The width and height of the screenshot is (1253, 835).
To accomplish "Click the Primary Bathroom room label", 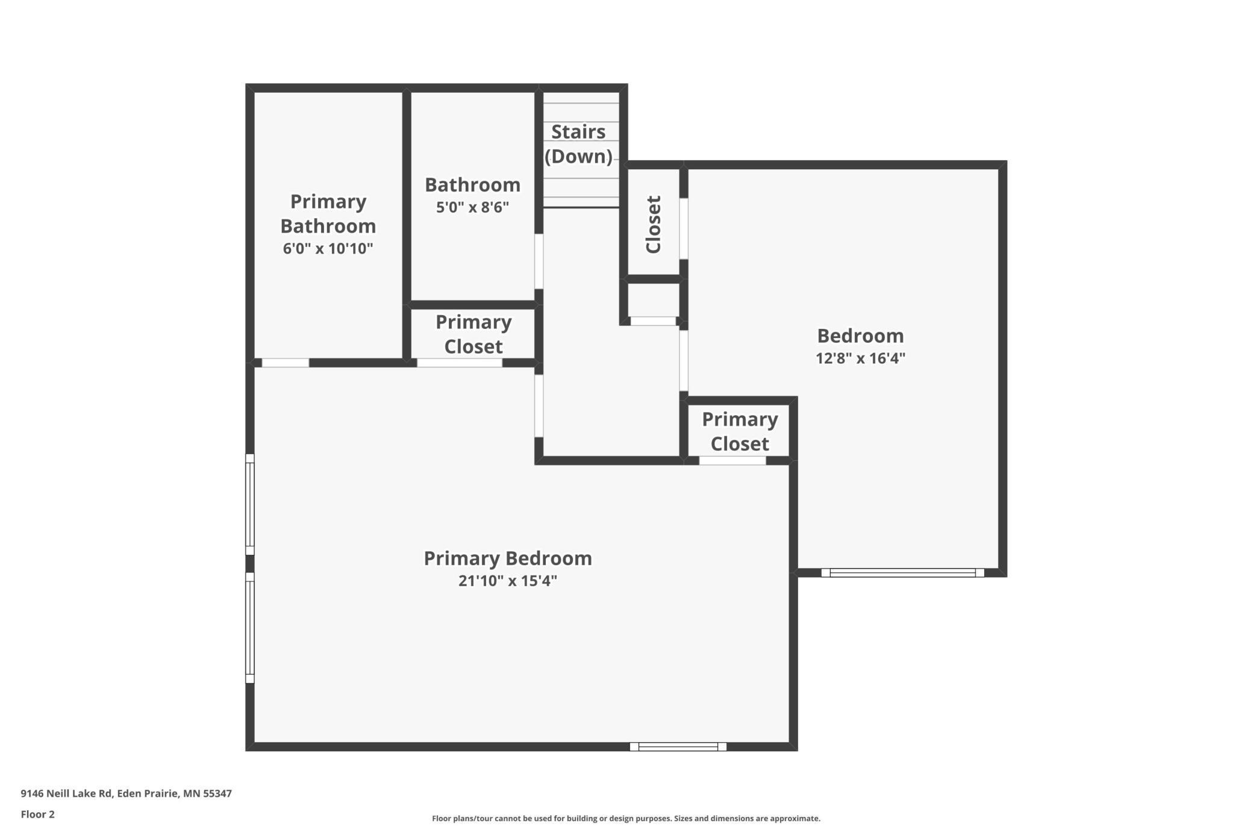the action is pos(328,213).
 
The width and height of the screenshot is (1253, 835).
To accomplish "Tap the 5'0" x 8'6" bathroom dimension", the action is pos(473,207).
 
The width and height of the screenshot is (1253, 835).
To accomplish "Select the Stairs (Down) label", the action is pos(578,144).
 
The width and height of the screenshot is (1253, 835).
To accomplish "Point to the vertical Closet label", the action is pos(654,224).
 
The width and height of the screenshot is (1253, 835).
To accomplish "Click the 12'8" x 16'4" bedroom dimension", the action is pos(860,358).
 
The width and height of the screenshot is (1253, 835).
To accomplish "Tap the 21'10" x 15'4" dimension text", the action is pos(508,581).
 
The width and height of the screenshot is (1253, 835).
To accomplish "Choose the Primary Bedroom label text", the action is pos(508,558).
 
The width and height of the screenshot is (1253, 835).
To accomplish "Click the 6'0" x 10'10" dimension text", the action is pos(328,248).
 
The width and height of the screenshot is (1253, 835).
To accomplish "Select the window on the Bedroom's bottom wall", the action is pos(902,573).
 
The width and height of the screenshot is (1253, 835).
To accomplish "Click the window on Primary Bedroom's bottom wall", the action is pos(678,747).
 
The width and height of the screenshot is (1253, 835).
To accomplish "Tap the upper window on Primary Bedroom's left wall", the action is pos(249,504).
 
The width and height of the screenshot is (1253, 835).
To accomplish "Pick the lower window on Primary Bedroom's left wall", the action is pos(249,628).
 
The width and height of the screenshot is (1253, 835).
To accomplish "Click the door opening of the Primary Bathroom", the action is pos(286,363).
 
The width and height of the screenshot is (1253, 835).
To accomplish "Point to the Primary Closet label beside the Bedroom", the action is pos(740,431).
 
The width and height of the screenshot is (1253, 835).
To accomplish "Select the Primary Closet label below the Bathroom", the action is pos(473,334).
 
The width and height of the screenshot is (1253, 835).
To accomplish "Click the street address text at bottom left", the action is pos(126,793).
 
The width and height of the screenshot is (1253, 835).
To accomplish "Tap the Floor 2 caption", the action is pos(37,815).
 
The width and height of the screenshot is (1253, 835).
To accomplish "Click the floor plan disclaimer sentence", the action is pos(626,818).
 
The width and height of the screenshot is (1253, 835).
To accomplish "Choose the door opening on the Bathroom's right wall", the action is pos(539,261).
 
